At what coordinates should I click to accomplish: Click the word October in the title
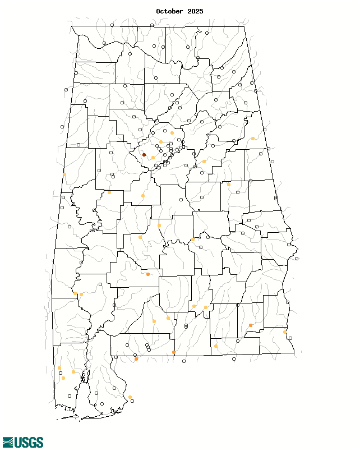click(169, 11)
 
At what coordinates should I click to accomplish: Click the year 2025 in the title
click(195, 11)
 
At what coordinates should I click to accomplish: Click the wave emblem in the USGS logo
click(8, 443)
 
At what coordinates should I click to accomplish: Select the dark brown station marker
click(144, 155)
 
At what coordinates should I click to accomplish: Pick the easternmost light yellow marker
click(285, 332)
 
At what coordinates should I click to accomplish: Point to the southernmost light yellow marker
click(130, 397)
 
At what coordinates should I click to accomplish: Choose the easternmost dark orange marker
click(250, 325)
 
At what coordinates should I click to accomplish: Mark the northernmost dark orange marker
click(148, 274)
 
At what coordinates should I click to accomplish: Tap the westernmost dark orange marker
click(136, 359)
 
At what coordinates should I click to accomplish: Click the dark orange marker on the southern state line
click(174, 352)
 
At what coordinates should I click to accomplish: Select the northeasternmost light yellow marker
click(253, 138)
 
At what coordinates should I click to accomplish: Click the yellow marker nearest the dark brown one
click(153, 158)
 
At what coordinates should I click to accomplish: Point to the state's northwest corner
click(71, 26)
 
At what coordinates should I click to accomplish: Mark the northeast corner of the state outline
click(244, 26)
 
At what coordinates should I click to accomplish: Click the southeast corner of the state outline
click(294, 353)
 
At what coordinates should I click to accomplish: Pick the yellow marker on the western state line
click(64, 174)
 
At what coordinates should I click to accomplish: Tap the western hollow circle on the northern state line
click(112, 25)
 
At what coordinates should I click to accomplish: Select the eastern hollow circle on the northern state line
click(152, 25)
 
